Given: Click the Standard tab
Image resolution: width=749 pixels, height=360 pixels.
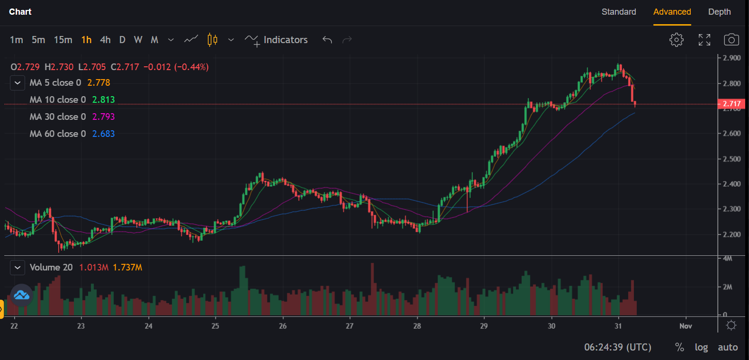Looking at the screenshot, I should pyautogui.click(x=618, y=12).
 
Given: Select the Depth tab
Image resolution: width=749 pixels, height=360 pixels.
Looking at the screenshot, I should pyautogui.click(x=719, y=12).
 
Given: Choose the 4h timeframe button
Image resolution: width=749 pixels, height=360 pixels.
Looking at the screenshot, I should pyautogui.click(x=105, y=40).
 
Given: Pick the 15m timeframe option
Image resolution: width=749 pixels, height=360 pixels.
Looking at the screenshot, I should pyautogui.click(x=63, y=40).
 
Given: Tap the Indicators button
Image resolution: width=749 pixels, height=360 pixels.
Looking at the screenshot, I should pyautogui.click(x=276, y=40).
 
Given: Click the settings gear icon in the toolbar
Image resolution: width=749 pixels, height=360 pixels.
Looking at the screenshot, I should pyautogui.click(x=677, y=40).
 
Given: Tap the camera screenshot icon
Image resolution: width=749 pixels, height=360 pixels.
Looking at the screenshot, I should pyautogui.click(x=731, y=40).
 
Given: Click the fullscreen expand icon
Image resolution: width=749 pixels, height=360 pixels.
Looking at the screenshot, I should pyautogui.click(x=704, y=40).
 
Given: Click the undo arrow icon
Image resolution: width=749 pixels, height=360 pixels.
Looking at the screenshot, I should pyautogui.click(x=327, y=40).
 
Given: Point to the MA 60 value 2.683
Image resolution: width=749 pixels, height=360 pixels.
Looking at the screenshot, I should pyautogui.click(x=103, y=134).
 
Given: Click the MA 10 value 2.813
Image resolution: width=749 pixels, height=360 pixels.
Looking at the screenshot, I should pyautogui.click(x=103, y=99).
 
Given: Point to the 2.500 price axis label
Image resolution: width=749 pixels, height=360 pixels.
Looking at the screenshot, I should pyautogui.click(x=731, y=159).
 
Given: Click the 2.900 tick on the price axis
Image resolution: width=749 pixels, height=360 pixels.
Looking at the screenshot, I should pyautogui.click(x=731, y=58).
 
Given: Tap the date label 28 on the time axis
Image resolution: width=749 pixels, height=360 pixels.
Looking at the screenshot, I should pyautogui.click(x=417, y=326).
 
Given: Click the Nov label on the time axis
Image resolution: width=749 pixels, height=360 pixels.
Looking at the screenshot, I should pyautogui.click(x=686, y=326).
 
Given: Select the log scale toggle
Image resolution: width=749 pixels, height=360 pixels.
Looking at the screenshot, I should pyautogui.click(x=701, y=347).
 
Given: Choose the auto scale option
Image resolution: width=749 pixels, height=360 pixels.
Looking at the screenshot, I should pyautogui.click(x=728, y=347).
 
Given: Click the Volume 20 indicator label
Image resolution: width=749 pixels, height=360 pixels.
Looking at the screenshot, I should pyautogui.click(x=51, y=267).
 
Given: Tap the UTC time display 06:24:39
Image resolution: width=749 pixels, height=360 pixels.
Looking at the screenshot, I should pyautogui.click(x=617, y=347).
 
